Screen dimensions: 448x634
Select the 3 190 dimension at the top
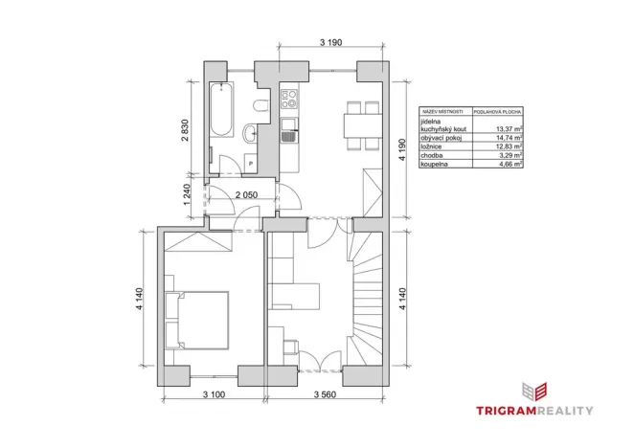tap(331, 42)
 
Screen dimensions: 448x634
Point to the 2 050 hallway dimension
tap(248, 194)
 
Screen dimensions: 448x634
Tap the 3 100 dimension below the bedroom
tap(200, 394)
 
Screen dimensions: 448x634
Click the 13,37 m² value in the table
tap(508, 128)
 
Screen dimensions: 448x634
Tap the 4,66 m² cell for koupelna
tap(509, 165)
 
